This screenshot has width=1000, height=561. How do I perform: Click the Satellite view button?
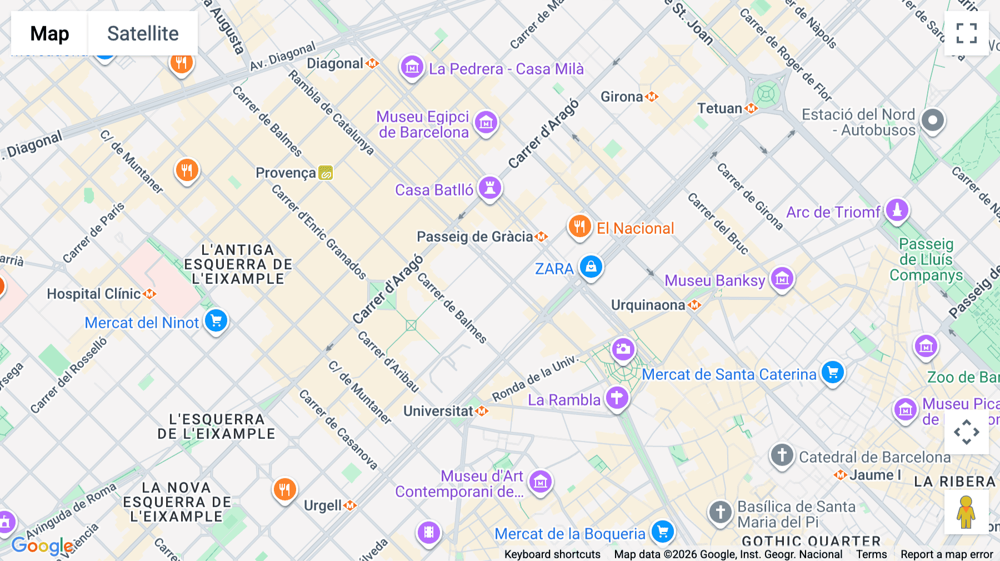(143, 33)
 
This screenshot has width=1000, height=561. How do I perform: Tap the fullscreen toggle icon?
(966, 33)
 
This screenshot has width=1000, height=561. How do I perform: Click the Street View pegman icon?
(966, 512)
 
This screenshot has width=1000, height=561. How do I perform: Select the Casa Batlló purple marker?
(489, 188)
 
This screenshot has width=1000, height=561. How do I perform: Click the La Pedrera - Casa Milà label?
(506, 69)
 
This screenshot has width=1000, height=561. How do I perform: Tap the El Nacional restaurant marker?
(579, 227)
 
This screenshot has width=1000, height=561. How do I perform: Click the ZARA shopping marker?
(591, 267)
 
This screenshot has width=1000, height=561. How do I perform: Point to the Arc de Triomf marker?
(897, 211)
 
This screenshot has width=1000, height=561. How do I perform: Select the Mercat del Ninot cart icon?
(216, 321)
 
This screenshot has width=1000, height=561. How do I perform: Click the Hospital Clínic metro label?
(94, 294)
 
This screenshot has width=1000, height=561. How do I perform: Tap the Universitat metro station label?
(438, 411)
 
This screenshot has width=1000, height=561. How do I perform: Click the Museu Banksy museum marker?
(782, 279)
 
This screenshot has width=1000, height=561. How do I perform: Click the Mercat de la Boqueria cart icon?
(662, 532)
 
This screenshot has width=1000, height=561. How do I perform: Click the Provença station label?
(286, 173)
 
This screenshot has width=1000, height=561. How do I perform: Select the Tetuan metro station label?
(720, 108)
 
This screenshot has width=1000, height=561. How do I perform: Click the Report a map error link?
(946, 554)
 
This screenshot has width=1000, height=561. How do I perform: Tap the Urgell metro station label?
(323, 505)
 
